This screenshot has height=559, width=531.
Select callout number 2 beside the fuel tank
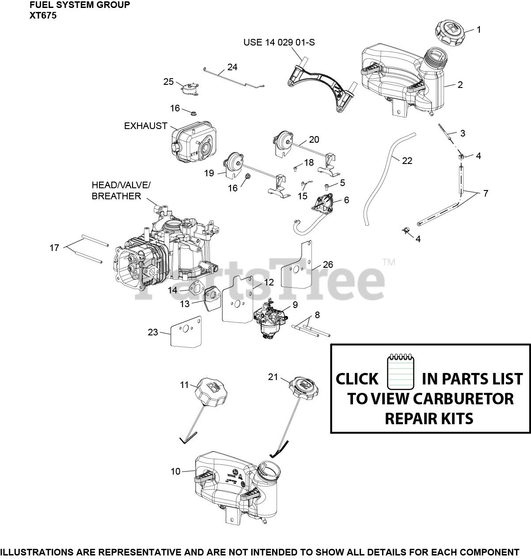[460, 85]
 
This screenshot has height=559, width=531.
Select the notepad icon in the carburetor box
[400, 373]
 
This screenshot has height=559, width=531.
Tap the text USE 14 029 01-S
[279, 42]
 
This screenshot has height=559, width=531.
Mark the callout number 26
[328, 265]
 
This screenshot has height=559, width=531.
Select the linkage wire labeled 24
[234, 78]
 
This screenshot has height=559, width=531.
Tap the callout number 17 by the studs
[54, 248]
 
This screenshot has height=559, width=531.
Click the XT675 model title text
[43, 15]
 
